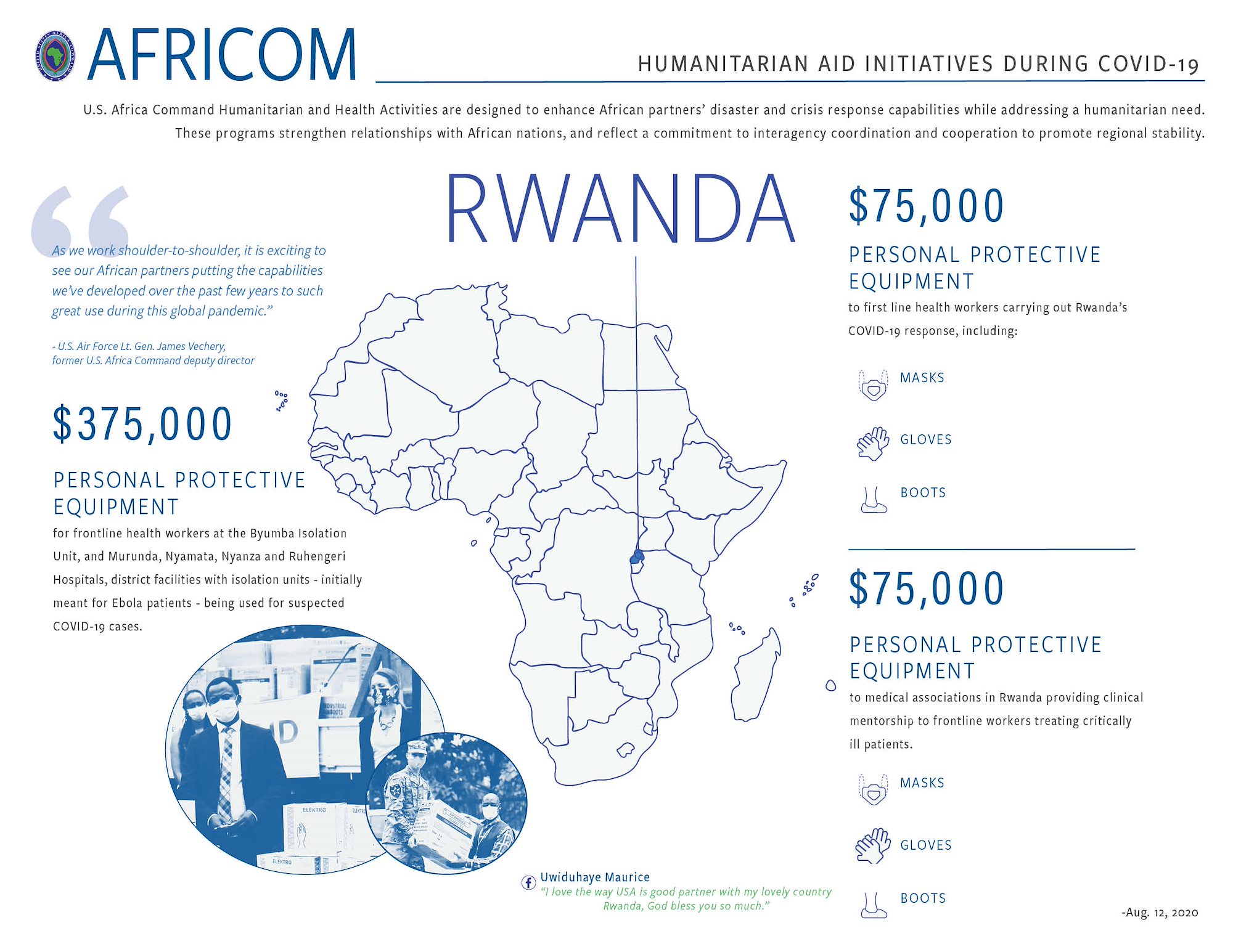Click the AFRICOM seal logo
click(x=55, y=55)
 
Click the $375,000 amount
click(x=142, y=424)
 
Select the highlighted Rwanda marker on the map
click(x=637, y=558)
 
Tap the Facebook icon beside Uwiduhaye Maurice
click(x=528, y=882)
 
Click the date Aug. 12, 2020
click(x=1160, y=913)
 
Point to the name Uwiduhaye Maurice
click(x=595, y=877)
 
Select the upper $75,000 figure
click(x=927, y=206)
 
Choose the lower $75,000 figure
click(x=927, y=589)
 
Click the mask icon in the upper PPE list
click(x=873, y=385)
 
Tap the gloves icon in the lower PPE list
click(x=873, y=846)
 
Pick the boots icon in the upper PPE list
click(x=873, y=500)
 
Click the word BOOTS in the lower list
click(x=923, y=898)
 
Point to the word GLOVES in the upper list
click(x=926, y=439)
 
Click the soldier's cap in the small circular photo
click(x=417, y=747)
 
